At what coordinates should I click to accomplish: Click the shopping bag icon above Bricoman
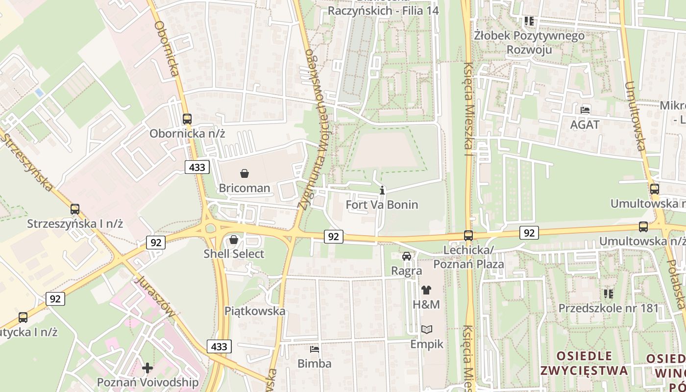coord(245,173)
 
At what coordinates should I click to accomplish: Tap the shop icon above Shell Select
coord(234,240)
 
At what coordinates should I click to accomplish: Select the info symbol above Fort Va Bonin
coord(382,190)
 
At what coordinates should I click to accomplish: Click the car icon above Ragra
coord(407,256)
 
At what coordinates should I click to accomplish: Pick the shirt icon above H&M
coord(426,290)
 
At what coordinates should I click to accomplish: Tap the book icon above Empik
coord(427,329)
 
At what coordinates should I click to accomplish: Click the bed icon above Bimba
coord(315,349)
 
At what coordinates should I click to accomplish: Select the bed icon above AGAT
coord(585,110)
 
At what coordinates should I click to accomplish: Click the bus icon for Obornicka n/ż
coord(187,119)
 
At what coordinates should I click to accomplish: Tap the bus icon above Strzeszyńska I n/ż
coord(75,209)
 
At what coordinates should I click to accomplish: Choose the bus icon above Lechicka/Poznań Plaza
coord(468,236)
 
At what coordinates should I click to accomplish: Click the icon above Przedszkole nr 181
coord(608,294)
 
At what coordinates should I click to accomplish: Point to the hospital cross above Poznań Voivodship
coord(147,367)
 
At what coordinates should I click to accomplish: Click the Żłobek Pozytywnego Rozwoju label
coord(529,42)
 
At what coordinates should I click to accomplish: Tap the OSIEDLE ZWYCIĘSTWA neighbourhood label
coord(584,363)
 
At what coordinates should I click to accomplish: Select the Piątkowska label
coord(255,311)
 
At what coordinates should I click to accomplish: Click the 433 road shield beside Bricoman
coord(197,167)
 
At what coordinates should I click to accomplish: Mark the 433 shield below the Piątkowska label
coord(219,346)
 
